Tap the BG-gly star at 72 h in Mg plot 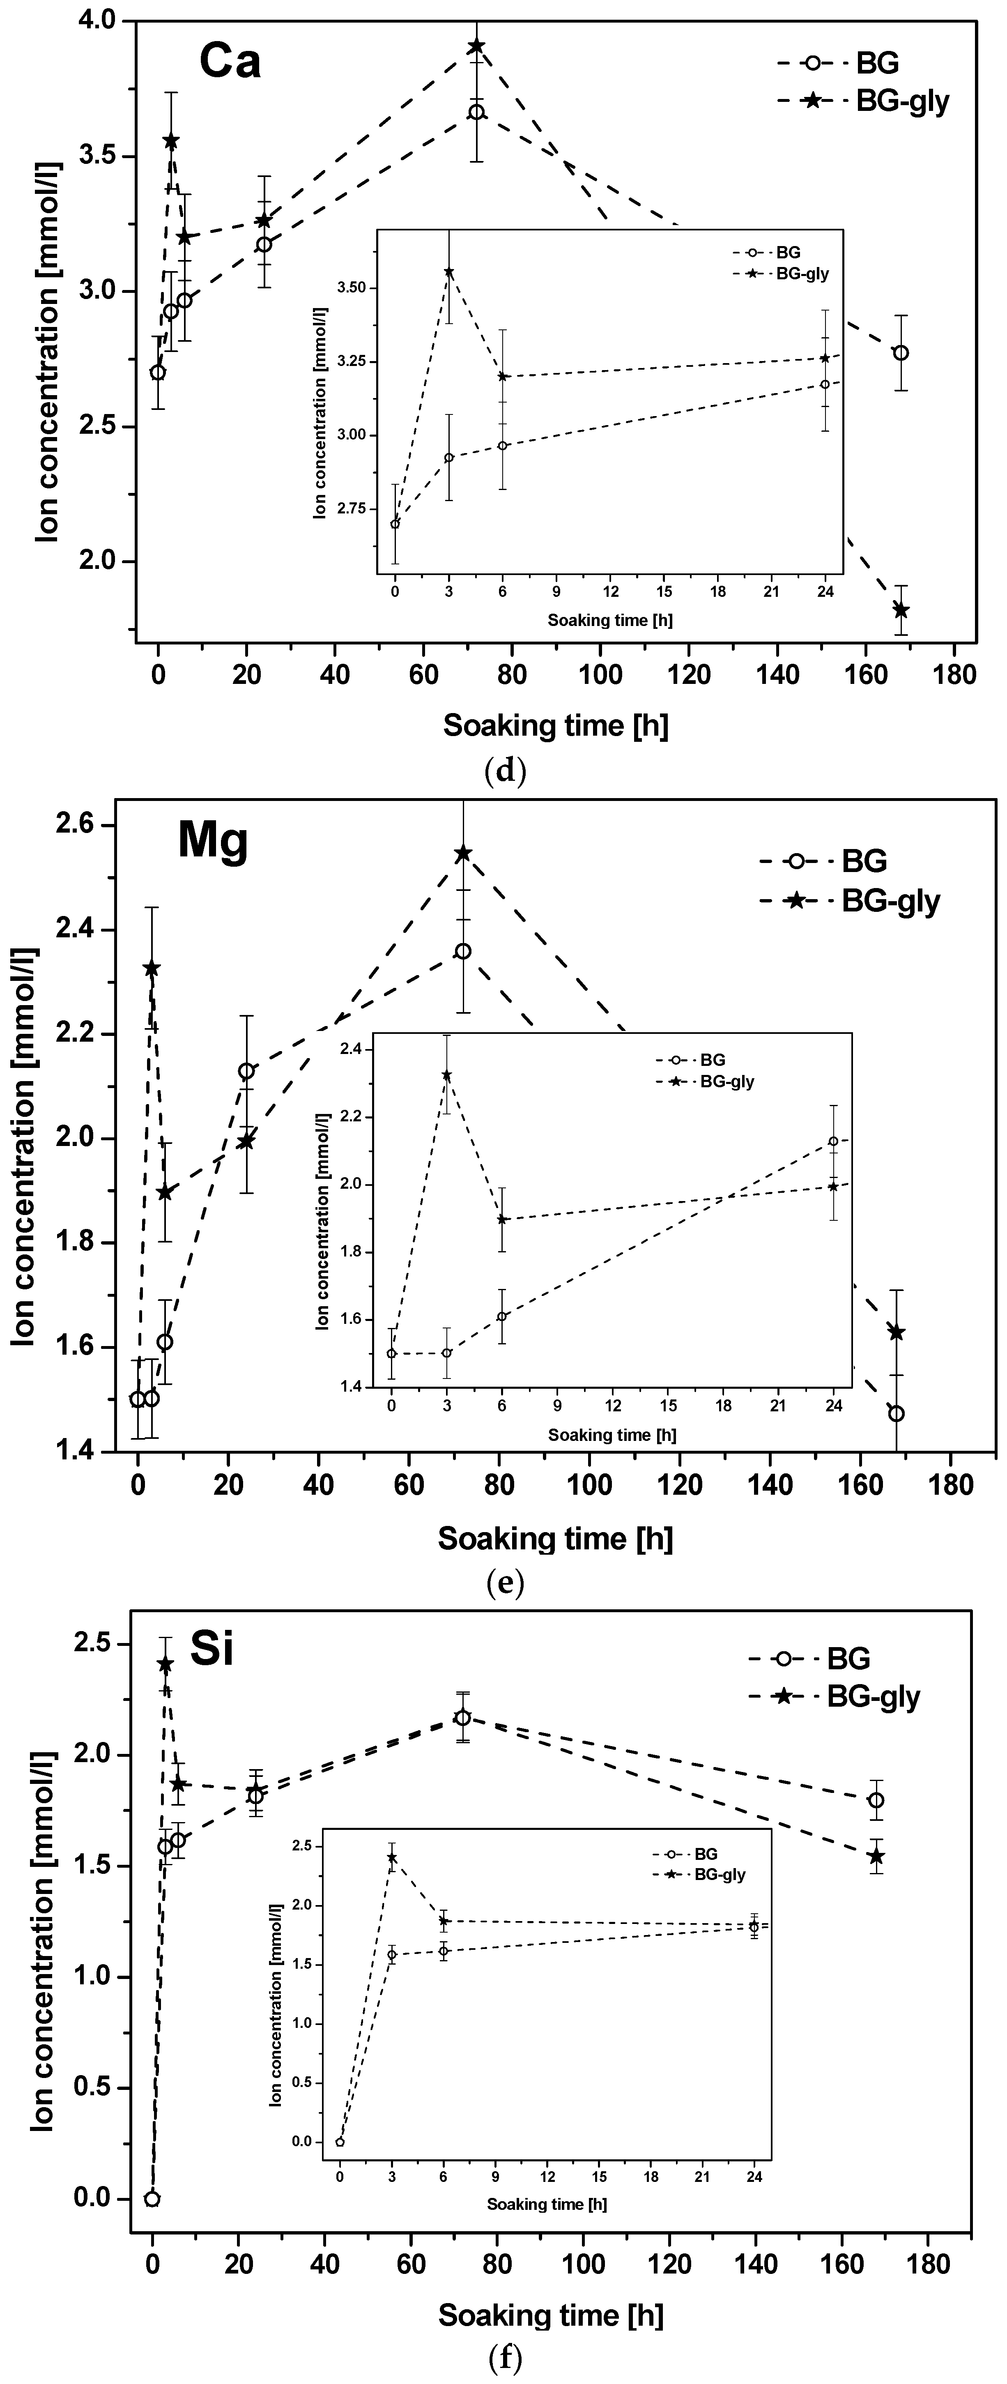pyautogui.click(x=463, y=853)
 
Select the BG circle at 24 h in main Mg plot pyautogui.click(x=246, y=1071)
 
